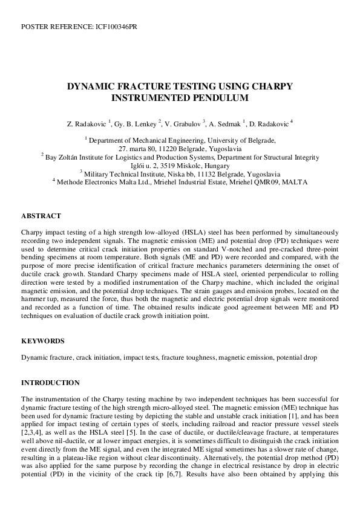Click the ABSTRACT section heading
[x=41, y=215]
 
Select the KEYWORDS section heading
[x=44, y=341]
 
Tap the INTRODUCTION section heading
[x=50, y=383]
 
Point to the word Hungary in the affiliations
[x=217, y=166]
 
